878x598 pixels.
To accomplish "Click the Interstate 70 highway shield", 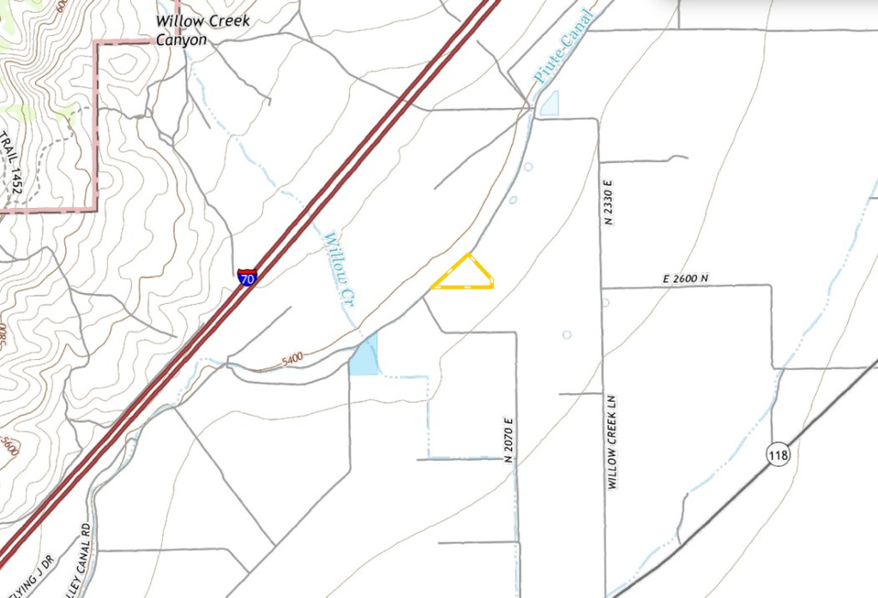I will point(246,277).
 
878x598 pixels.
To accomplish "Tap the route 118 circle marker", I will point(779,454).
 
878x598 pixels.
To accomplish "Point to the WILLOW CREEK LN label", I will point(612,442).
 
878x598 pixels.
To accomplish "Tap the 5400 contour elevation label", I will point(293,362).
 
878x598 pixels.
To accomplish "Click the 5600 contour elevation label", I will point(9,445).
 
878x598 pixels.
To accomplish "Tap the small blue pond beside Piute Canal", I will point(549,104).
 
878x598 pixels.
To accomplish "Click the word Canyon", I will point(181,39).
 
